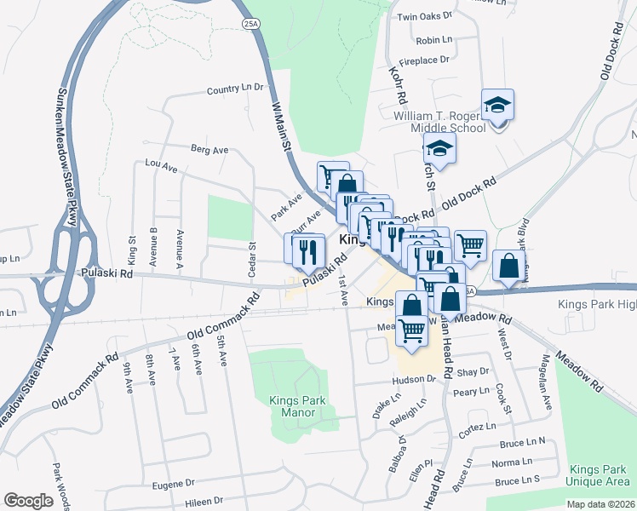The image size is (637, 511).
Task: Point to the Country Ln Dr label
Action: click(236, 89)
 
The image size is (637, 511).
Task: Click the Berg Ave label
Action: click(209, 150)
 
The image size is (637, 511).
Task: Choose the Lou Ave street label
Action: click(161, 165)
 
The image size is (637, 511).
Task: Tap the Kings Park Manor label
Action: click(292, 406)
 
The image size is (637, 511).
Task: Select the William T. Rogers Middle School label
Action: click(439, 122)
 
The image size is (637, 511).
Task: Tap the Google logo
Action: click(28, 501)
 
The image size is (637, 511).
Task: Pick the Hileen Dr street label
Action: click(200, 501)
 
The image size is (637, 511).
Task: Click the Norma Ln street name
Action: click(512, 462)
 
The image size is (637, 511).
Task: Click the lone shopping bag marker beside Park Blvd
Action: click(508, 266)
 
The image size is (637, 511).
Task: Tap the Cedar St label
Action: click(252, 259)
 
